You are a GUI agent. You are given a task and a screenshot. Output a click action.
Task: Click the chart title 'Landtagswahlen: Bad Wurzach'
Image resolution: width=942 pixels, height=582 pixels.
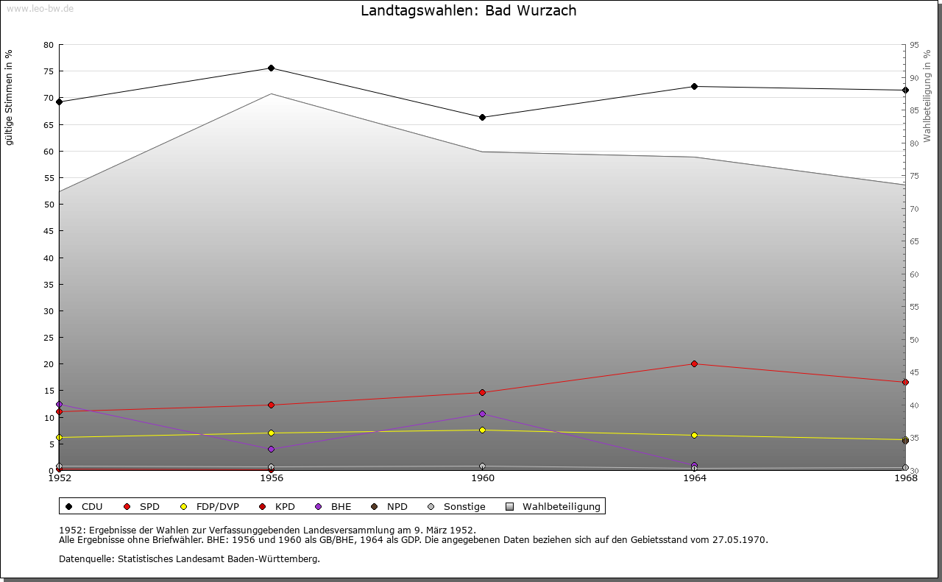pos(468,11)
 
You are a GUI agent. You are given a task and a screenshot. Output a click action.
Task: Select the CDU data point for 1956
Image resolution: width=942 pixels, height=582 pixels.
pos(271,68)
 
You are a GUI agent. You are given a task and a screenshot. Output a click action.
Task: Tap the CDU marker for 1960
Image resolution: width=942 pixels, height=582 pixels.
pos(483,118)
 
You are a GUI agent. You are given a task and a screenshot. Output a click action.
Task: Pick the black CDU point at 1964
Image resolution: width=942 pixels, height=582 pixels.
pos(694,87)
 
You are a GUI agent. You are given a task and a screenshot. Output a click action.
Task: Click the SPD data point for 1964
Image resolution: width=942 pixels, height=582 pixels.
pos(694,364)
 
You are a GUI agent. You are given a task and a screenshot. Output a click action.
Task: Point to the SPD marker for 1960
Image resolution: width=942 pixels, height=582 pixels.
pos(483,393)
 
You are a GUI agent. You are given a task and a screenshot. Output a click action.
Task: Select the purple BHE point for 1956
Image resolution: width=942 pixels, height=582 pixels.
pos(271,450)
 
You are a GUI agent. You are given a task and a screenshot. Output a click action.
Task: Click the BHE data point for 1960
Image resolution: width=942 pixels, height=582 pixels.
pos(483,414)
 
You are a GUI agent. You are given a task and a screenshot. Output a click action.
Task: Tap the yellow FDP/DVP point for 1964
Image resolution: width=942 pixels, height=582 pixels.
pos(694,436)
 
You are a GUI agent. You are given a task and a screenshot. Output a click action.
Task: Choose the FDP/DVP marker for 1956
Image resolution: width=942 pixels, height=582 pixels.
pos(271,433)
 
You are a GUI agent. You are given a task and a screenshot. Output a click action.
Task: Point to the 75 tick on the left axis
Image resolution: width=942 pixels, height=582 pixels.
pos(49,72)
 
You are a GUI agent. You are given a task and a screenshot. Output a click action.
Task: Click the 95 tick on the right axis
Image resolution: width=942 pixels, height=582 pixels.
pos(913,46)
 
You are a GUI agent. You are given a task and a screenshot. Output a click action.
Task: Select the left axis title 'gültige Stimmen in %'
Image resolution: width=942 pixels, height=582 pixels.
pos(10,97)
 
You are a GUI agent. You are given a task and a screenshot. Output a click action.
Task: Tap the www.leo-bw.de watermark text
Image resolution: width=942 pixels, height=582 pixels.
pos(40,8)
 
